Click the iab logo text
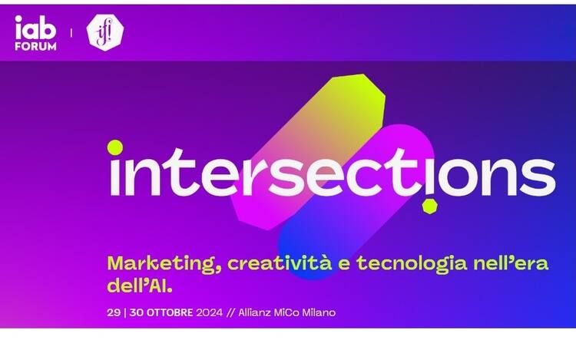(x=35, y=28)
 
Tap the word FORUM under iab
(x=35, y=47)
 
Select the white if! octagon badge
(x=105, y=32)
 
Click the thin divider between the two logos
(x=71, y=33)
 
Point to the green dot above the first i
(x=115, y=147)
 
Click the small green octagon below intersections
(x=429, y=206)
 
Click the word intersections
(x=333, y=172)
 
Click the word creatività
(x=280, y=263)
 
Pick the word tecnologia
(x=412, y=264)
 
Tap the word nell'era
(x=511, y=263)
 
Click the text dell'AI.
(x=140, y=286)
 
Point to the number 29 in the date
(x=114, y=312)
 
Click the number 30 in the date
(x=136, y=312)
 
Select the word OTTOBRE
(x=170, y=312)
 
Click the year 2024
(x=210, y=312)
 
